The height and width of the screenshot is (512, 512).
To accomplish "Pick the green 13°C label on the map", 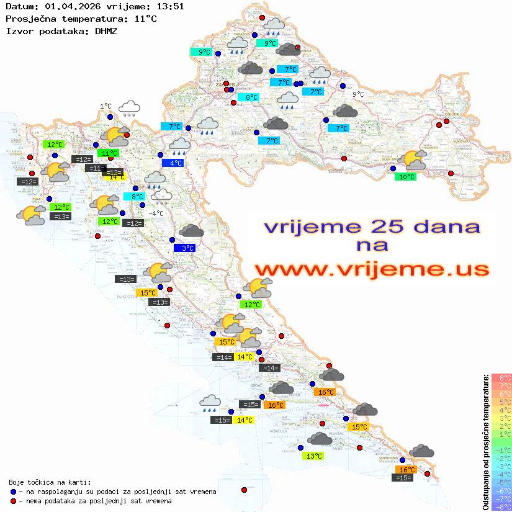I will [x=314, y=456].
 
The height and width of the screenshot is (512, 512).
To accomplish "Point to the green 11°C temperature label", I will [x=109, y=153].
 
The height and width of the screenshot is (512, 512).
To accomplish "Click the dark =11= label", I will [x=95, y=168].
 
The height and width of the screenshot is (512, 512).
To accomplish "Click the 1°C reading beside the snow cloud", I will [x=106, y=107].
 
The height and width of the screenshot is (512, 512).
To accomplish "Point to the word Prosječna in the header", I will [x=29, y=18].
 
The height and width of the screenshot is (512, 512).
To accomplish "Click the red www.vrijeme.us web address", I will [x=371, y=269].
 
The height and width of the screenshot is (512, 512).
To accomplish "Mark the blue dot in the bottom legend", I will [x=13, y=492].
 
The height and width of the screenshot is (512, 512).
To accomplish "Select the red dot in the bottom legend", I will [x=13, y=501].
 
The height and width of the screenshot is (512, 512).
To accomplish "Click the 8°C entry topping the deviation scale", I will [x=501, y=378].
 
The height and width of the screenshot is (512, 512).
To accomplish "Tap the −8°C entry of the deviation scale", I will [x=501, y=507].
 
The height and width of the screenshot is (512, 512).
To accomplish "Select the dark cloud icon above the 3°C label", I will [x=191, y=231].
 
